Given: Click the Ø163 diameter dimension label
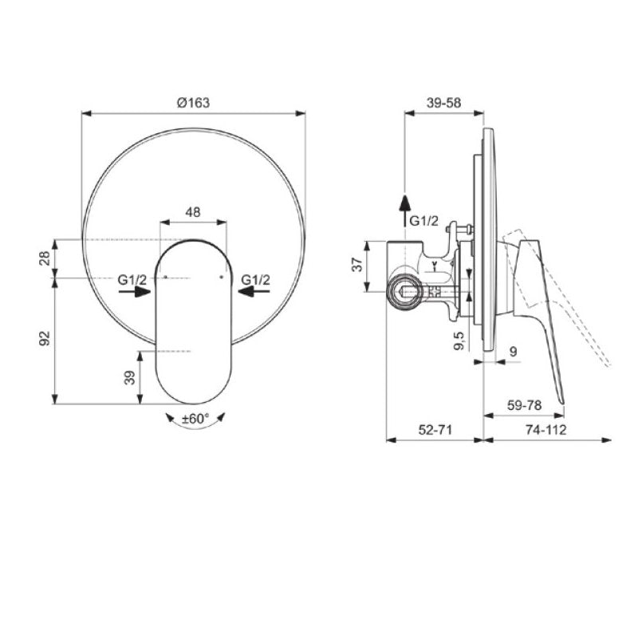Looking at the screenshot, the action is [x=193, y=103].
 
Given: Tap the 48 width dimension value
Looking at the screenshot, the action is [x=193, y=212].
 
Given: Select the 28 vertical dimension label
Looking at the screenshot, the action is [x=45, y=258].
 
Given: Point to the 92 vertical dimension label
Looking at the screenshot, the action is [x=45, y=338].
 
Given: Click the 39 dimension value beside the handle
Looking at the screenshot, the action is [x=129, y=377].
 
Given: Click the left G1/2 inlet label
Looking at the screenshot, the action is [x=132, y=280].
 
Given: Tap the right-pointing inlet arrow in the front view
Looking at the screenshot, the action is [x=135, y=291].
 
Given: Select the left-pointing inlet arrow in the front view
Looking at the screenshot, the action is [x=254, y=291].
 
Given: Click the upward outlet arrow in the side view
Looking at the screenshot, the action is [x=404, y=211].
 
